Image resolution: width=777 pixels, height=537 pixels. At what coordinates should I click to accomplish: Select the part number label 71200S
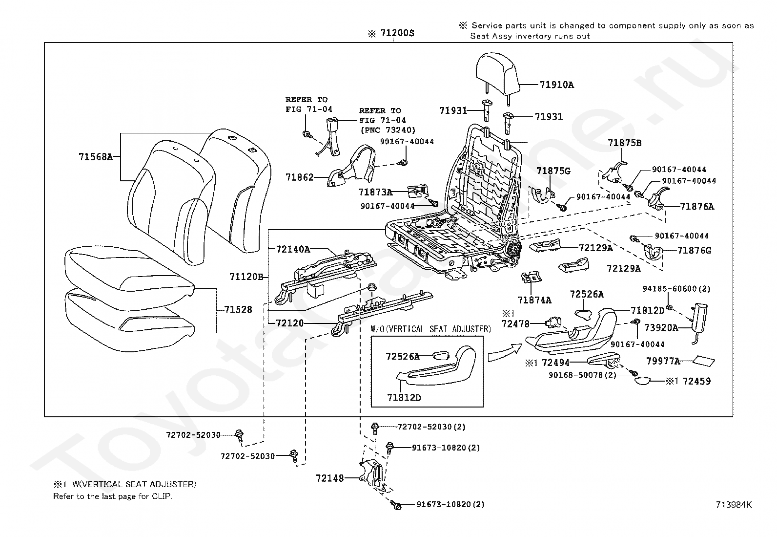click(x=397, y=33)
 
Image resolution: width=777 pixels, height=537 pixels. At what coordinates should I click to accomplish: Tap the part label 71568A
click(x=96, y=157)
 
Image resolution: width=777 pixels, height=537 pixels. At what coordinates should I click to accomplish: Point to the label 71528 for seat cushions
click(x=238, y=309)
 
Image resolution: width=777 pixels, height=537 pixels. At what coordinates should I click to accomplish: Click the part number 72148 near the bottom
click(x=330, y=478)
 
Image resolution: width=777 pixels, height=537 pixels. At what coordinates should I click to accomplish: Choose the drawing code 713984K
click(x=734, y=505)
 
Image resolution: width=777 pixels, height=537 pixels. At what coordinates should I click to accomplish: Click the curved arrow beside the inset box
click(x=505, y=353)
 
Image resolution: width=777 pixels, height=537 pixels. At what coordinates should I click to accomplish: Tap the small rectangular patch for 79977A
click(x=704, y=361)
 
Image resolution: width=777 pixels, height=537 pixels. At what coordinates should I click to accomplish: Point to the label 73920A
click(x=661, y=327)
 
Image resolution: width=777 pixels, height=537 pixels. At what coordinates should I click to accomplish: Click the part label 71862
click(x=299, y=177)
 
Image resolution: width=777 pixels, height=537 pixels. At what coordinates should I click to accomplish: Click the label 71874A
click(x=534, y=300)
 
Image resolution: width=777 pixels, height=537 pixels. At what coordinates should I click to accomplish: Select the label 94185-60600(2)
click(x=676, y=289)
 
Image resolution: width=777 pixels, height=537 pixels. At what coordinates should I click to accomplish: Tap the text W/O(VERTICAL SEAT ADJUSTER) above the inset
click(x=431, y=329)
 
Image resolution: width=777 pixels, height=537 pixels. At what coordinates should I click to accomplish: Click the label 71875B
click(x=625, y=143)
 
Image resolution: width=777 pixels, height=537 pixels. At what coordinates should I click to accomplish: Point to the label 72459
click(x=696, y=381)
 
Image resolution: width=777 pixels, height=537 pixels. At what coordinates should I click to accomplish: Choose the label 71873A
click(x=375, y=192)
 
